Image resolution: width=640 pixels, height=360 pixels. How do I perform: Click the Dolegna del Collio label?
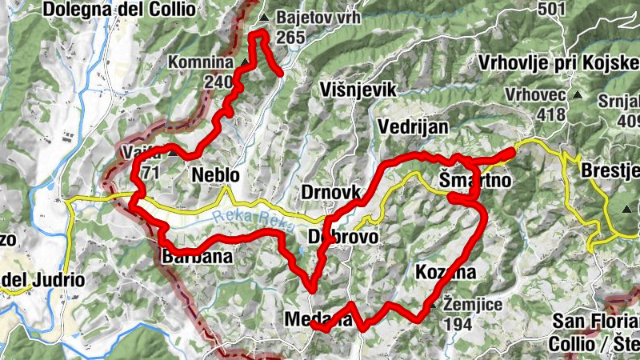[x=119, y=10]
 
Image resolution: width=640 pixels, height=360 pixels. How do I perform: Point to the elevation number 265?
[x=290, y=37]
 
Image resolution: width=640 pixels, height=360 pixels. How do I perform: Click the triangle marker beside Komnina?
[x=245, y=62]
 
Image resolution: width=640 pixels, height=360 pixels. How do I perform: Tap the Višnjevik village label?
[x=358, y=90]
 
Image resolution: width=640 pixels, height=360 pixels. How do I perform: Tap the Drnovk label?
[x=330, y=193]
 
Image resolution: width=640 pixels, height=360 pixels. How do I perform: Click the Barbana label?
[x=197, y=257]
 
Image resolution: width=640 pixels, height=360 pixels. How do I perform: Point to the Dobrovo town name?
[x=343, y=238]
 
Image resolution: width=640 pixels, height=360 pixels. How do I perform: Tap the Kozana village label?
[x=446, y=272]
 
